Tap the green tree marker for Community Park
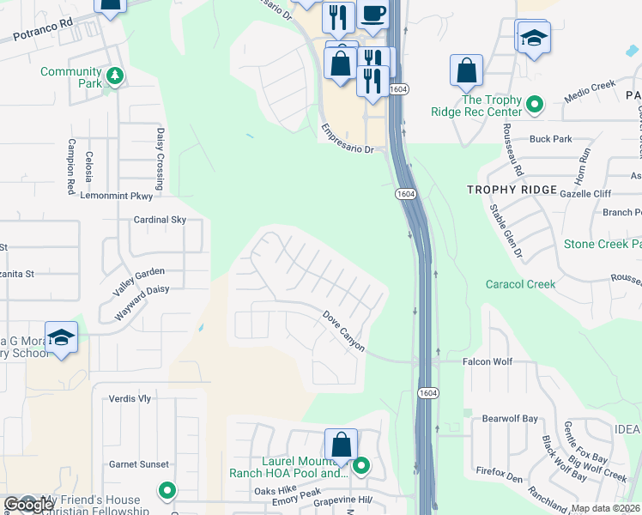[114, 78]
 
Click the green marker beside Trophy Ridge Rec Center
[535, 105]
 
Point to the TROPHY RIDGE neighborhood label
[512, 189]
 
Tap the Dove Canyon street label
[344, 331]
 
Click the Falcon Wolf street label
[488, 362]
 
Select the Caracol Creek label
[520, 284]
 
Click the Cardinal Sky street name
[160, 220]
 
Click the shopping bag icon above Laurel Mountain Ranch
[341, 445]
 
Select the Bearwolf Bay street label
[510, 419]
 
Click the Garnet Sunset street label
[139, 464]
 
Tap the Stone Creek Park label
[603, 245]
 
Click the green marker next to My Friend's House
[167, 491]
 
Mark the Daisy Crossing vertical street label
[160, 158]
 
